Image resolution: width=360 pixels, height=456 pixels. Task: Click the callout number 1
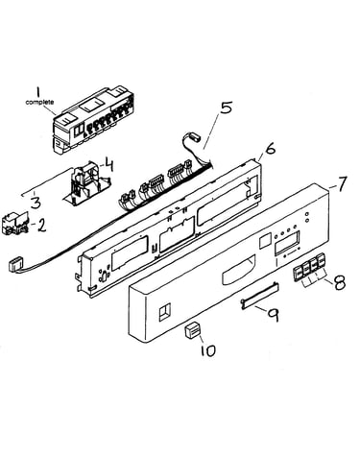tap(38, 93)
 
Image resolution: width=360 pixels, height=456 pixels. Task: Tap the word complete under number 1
tap(39, 103)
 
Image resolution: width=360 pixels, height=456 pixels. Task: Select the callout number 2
tap(41, 226)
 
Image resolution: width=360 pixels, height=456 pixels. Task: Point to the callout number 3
tap(36, 202)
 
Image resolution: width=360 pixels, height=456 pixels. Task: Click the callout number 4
tap(108, 165)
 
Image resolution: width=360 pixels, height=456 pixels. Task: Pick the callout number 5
tap(226, 108)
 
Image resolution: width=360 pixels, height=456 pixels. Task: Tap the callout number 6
tap(271, 149)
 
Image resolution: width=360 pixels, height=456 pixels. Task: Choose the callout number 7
tap(341, 184)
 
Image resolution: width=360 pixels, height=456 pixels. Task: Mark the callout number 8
tap(340, 282)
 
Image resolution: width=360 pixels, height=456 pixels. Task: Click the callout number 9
tap(273, 315)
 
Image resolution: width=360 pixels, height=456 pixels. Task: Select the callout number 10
tap(208, 350)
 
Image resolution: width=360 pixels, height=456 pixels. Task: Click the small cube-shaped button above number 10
tap(192, 330)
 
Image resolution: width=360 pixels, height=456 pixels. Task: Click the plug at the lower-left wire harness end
tap(15, 265)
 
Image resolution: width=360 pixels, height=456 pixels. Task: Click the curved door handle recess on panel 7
tap(238, 269)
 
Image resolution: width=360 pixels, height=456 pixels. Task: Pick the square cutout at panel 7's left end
tap(165, 311)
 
